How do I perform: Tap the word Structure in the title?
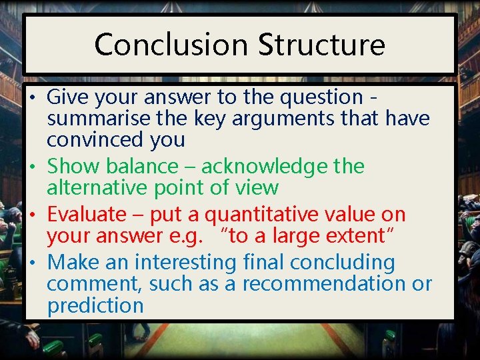tap(321, 45)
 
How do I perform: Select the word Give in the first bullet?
tap(67, 97)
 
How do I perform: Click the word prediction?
tap(95, 306)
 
